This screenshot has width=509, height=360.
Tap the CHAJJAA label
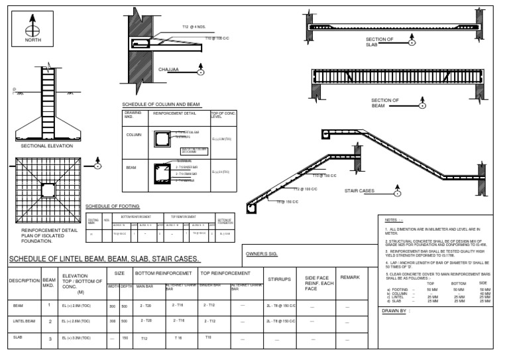click(x=169, y=69)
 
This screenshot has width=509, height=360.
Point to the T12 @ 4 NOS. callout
click(x=194, y=27)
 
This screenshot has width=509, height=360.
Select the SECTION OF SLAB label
click(x=380, y=42)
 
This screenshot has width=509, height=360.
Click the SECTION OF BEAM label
click(x=384, y=103)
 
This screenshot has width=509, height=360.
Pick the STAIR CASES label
click(x=359, y=191)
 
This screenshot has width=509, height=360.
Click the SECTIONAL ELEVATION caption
click(x=44, y=145)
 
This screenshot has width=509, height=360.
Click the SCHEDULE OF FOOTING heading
click(x=113, y=206)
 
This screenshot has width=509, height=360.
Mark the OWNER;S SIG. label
click(x=261, y=254)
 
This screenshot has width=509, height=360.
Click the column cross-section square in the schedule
click(x=162, y=139)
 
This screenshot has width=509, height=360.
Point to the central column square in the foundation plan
click(x=47, y=190)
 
